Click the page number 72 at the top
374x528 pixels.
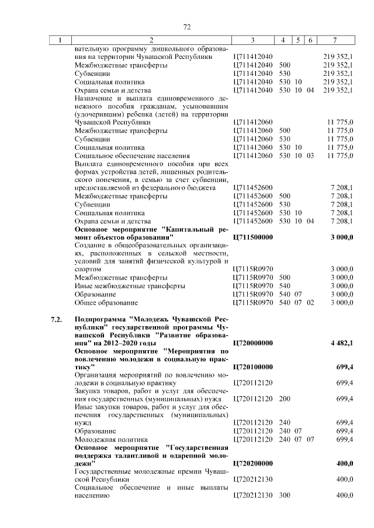(x=187, y=27)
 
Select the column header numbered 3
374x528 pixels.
(x=252, y=40)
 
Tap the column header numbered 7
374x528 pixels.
(x=334, y=40)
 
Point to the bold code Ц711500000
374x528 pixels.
(x=253, y=237)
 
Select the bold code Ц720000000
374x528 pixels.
(x=253, y=343)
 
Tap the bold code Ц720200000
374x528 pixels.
(x=253, y=463)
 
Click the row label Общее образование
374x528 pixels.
(x=106, y=303)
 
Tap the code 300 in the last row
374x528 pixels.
(x=285, y=495)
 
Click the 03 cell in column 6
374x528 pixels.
(x=310, y=156)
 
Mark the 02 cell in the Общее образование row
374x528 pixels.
(x=310, y=303)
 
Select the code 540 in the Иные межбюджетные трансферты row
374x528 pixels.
(x=285, y=286)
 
